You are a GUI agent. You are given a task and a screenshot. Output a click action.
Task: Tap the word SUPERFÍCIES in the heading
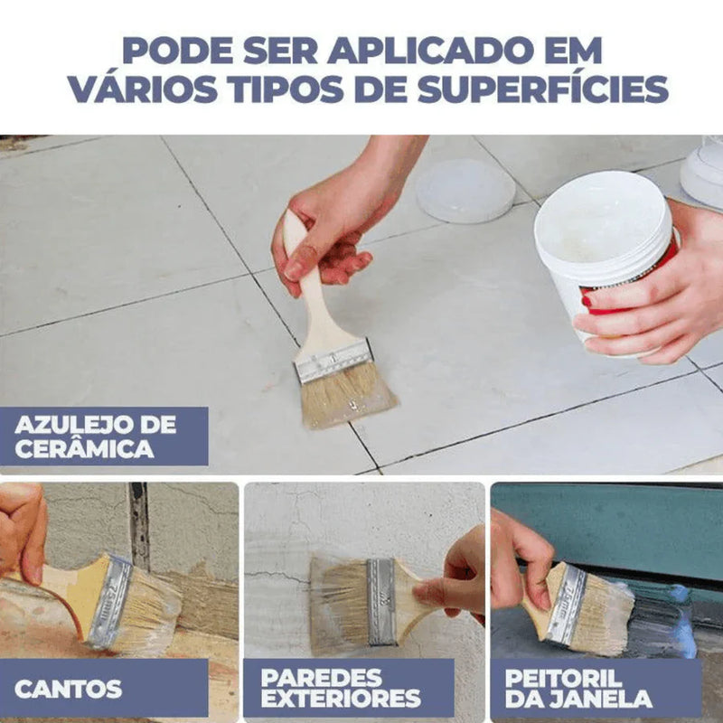click(543, 89)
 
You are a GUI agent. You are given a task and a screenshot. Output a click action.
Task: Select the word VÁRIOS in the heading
click(143, 88)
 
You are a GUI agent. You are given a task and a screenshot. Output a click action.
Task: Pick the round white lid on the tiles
click(465, 191)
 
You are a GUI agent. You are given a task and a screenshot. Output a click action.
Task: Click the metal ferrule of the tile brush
click(333, 361)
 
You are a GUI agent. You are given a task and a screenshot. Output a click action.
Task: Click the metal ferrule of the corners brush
click(109, 602)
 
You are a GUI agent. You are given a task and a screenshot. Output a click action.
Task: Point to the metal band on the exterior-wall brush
click(381, 602)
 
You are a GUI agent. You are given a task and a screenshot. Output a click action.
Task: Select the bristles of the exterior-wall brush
click(341, 604)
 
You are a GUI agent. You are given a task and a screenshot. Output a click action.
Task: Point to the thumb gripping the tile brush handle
click(300, 264)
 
